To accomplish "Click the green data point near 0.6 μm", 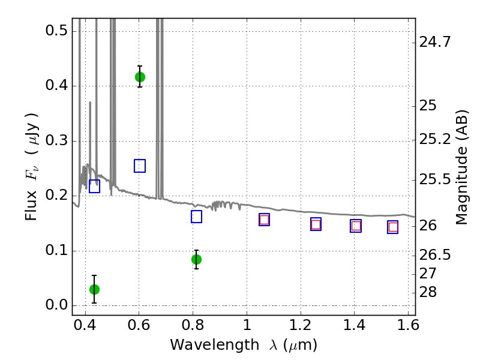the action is [140, 77].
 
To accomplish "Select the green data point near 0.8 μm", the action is [196, 260].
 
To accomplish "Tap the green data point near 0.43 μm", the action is [94, 289].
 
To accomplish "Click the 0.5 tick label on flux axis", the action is [56, 31].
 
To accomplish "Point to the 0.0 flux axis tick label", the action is [56, 305].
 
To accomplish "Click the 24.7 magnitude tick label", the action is [434, 41].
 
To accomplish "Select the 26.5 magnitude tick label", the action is [434, 254].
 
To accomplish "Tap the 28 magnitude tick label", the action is [428, 292].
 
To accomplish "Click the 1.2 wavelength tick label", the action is [301, 325].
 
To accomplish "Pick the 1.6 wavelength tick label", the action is [408, 325].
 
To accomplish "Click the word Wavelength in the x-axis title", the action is [215, 345].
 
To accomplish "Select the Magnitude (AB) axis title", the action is [461, 167].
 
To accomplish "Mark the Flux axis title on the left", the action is [31, 167].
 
